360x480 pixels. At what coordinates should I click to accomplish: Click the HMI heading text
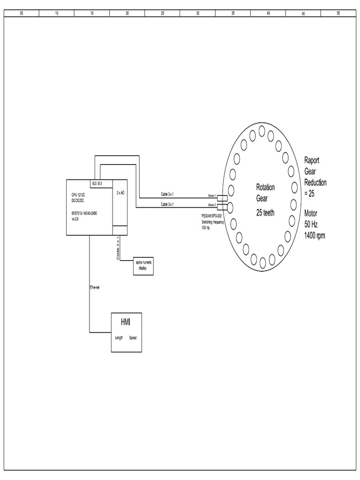click(x=126, y=322)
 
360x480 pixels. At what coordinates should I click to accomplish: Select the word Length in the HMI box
click(x=119, y=337)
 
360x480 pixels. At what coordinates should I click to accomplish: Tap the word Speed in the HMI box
click(x=133, y=337)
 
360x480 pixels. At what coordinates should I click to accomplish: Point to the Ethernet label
click(x=95, y=287)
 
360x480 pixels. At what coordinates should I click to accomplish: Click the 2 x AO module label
click(x=120, y=193)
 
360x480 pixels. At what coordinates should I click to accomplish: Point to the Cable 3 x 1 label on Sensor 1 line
click(x=167, y=194)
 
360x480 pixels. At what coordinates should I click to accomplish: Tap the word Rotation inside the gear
click(x=265, y=187)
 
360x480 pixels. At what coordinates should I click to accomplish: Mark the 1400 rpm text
click(x=314, y=236)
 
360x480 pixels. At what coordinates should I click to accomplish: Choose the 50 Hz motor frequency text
click(x=311, y=225)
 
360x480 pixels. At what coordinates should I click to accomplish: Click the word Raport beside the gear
click(x=312, y=160)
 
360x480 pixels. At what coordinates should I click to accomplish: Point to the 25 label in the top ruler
click(x=162, y=13)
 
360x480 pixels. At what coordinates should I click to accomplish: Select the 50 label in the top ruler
click(x=338, y=13)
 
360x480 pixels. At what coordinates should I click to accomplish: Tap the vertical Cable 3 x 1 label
click(x=118, y=248)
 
